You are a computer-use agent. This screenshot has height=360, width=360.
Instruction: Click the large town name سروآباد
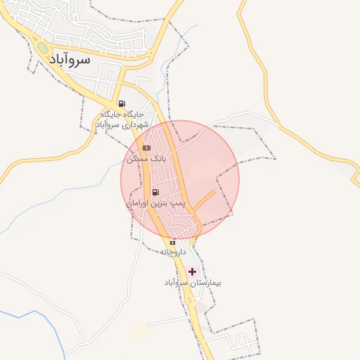click(x=70, y=60)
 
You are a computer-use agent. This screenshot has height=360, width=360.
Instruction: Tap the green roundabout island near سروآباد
click(x=43, y=49)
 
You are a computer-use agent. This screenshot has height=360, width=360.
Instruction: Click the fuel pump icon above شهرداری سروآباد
click(x=122, y=103)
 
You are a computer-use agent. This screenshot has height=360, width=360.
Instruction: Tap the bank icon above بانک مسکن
click(x=146, y=148)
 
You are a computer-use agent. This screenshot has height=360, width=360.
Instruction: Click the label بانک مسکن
click(x=146, y=159)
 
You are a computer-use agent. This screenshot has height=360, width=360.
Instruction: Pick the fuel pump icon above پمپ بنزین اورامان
click(x=155, y=192)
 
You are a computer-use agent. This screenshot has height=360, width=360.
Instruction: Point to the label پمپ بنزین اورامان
click(x=155, y=202)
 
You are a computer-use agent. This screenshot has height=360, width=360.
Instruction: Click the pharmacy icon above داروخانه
click(x=172, y=242)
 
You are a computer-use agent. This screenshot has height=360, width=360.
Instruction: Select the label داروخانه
click(x=172, y=251)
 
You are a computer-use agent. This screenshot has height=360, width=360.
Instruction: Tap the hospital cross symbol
click(x=193, y=271)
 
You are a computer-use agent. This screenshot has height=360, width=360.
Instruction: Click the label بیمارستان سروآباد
click(x=193, y=283)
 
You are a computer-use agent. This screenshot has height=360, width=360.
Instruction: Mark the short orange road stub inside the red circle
click(x=204, y=201)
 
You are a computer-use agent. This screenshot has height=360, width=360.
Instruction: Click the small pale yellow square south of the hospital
click(x=141, y=331)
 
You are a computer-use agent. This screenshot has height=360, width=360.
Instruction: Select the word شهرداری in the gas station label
click(x=132, y=124)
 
